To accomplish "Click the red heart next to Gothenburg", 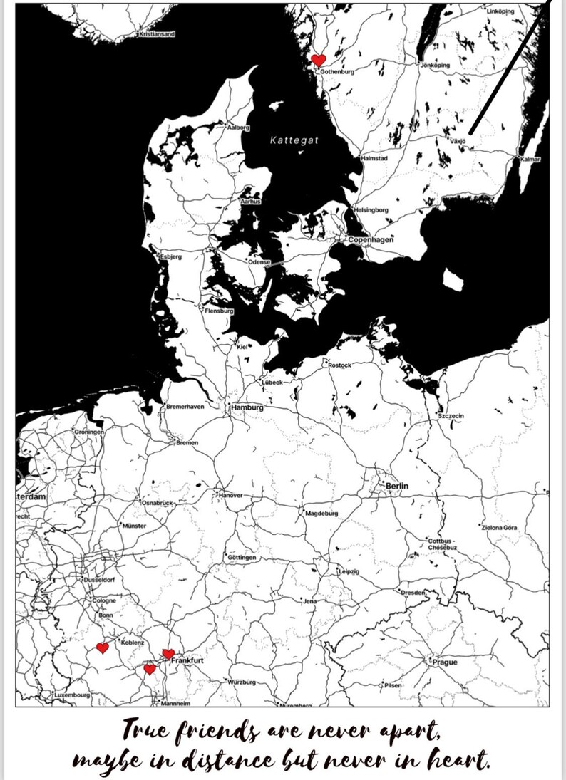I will click(x=319, y=60).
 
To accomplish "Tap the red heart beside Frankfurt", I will click(x=168, y=654).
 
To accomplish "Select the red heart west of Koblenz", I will click(x=102, y=648).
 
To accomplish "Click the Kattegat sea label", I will click(x=294, y=140).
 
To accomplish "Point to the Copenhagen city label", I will click(x=371, y=240).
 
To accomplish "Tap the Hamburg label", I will click(x=247, y=408).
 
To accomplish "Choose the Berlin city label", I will click(x=397, y=486).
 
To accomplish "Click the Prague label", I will click(x=445, y=662).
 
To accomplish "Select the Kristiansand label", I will click(x=158, y=33).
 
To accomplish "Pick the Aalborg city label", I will click(x=238, y=128).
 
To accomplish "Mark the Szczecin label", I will click(x=451, y=415).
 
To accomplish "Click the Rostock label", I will click(x=339, y=365).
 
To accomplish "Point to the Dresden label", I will click(x=413, y=593).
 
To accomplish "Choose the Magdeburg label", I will click(x=321, y=513).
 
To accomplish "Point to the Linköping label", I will click(x=500, y=11).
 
